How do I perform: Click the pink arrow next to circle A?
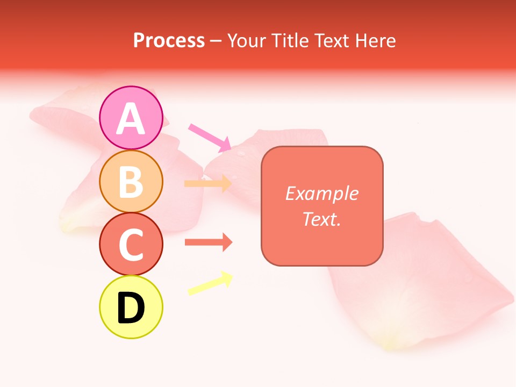tap(209, 137)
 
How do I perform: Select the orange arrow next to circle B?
tap(207, 184)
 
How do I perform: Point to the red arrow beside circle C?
tap(208, 242)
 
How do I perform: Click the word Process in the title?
tap(169, 41)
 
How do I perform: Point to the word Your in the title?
tap(245, 41)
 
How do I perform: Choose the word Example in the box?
tap(321, 193)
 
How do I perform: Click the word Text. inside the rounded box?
tap(321, 219)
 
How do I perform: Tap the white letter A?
tap(131, 119)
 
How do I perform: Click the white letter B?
tap(131, 182)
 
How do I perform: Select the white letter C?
tap(131, 245)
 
